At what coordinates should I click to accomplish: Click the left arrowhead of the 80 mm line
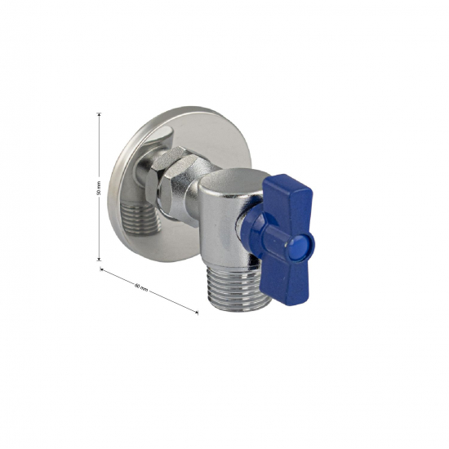103,267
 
